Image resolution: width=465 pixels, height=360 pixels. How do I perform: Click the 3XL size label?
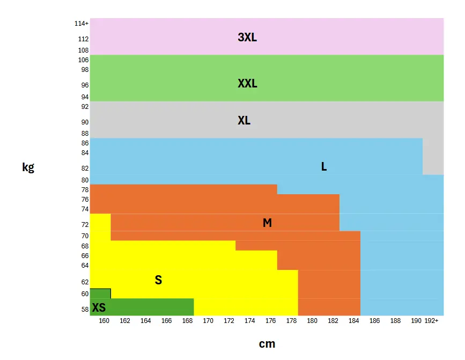click(247, 38)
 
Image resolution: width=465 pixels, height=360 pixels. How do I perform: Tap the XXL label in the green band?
click(247, 84)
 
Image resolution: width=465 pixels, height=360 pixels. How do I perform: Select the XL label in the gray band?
click(244, 121)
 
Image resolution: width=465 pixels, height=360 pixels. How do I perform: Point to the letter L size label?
click(324, 167)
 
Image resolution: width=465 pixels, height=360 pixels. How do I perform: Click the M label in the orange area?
click(267, 223)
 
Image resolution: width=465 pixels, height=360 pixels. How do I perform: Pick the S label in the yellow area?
click(158, 280)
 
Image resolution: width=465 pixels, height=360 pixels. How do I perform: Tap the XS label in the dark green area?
click(99, 308)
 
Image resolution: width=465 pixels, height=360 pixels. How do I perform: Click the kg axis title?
click(28, 167)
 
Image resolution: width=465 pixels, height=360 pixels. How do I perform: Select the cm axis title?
click(267, 344)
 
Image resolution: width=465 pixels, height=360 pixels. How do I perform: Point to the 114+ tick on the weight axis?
click(82, 24)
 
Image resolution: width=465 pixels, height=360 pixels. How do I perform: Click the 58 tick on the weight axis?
click(85, 310)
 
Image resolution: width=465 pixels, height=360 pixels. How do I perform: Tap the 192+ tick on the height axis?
click(431, 321)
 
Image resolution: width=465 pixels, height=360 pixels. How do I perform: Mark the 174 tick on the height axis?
click(250, 321)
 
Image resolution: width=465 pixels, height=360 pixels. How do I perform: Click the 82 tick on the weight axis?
click(85, 168)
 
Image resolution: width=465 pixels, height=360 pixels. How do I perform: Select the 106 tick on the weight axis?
click(83, 60)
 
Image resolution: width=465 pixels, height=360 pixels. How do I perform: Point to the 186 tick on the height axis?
click(374, 321)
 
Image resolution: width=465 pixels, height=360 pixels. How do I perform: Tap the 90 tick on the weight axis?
click(85, 122)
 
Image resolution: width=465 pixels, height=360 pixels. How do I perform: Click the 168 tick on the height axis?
click(187, 321)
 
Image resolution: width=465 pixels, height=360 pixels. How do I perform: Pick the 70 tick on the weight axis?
click(85, 236)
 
